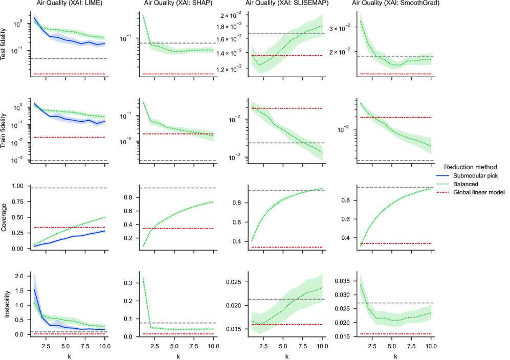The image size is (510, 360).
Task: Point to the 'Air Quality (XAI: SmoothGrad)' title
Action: click(x=394, y=4)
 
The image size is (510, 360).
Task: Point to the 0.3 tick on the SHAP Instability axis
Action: click(x=130, y=283)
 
